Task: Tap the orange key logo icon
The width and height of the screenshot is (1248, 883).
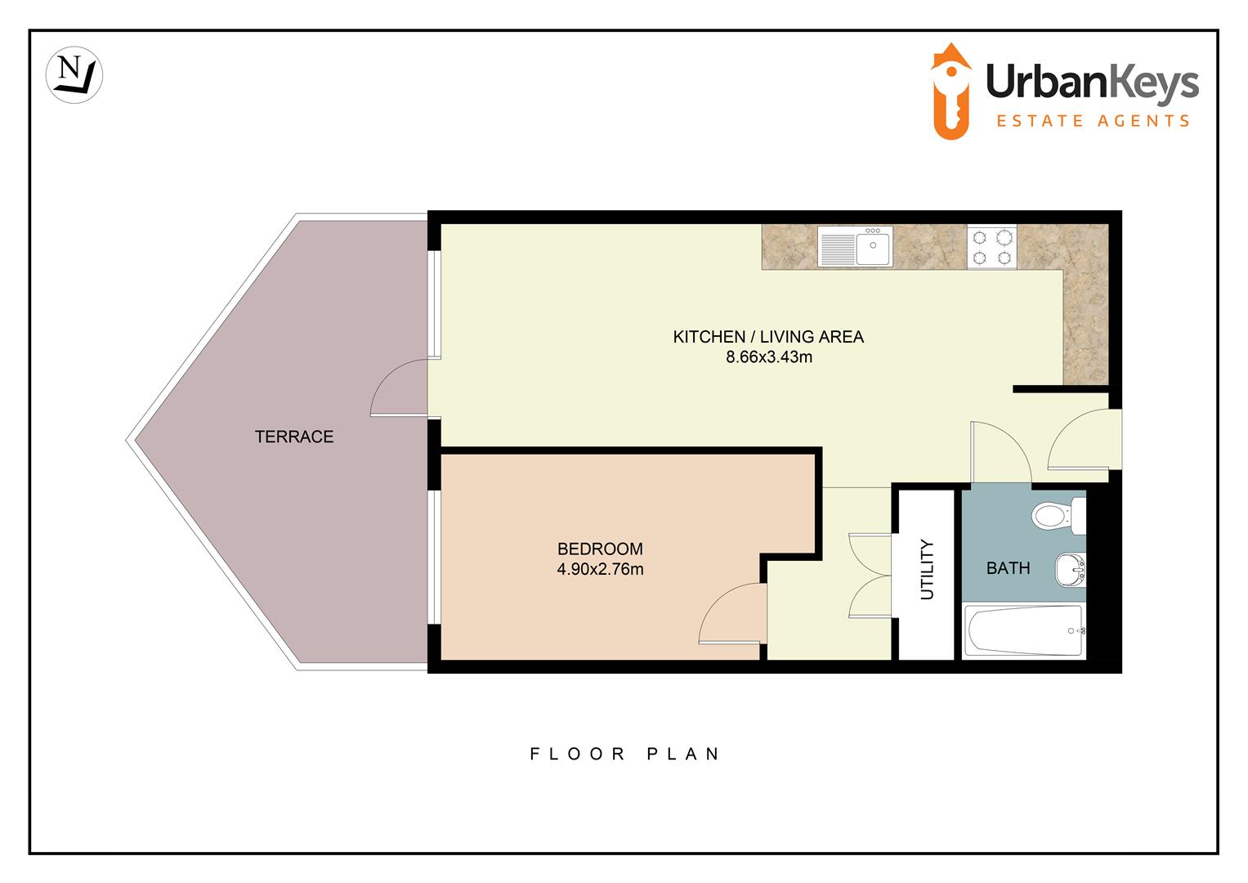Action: (x=952, y=92)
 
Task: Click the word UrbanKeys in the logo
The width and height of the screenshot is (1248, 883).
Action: (x=1092, y=83)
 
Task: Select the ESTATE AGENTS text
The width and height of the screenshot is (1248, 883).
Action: (x=1092, y=121)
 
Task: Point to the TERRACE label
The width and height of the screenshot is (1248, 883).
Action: (x=294, y=437)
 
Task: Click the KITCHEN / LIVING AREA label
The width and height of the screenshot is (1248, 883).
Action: (x=767, y=337)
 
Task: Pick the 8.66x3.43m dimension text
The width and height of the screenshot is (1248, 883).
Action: (x=768, y=357)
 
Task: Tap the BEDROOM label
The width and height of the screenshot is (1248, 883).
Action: (x=600, y=549)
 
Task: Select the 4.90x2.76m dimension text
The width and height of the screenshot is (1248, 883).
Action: (x=600, y=569)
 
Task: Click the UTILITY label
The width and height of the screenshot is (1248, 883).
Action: (x=927, y=569)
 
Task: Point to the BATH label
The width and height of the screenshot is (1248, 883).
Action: (x=1008, y=568)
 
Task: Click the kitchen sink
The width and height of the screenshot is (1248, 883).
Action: (x=856, y=247)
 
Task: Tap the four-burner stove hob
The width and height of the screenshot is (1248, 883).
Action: (x=991, y=247)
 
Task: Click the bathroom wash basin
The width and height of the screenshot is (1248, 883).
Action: (x=1070, y=569)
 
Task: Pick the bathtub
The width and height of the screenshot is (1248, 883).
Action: (x=1024, y=630)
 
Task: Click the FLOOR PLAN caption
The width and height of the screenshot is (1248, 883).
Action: (x=625, y=754)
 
